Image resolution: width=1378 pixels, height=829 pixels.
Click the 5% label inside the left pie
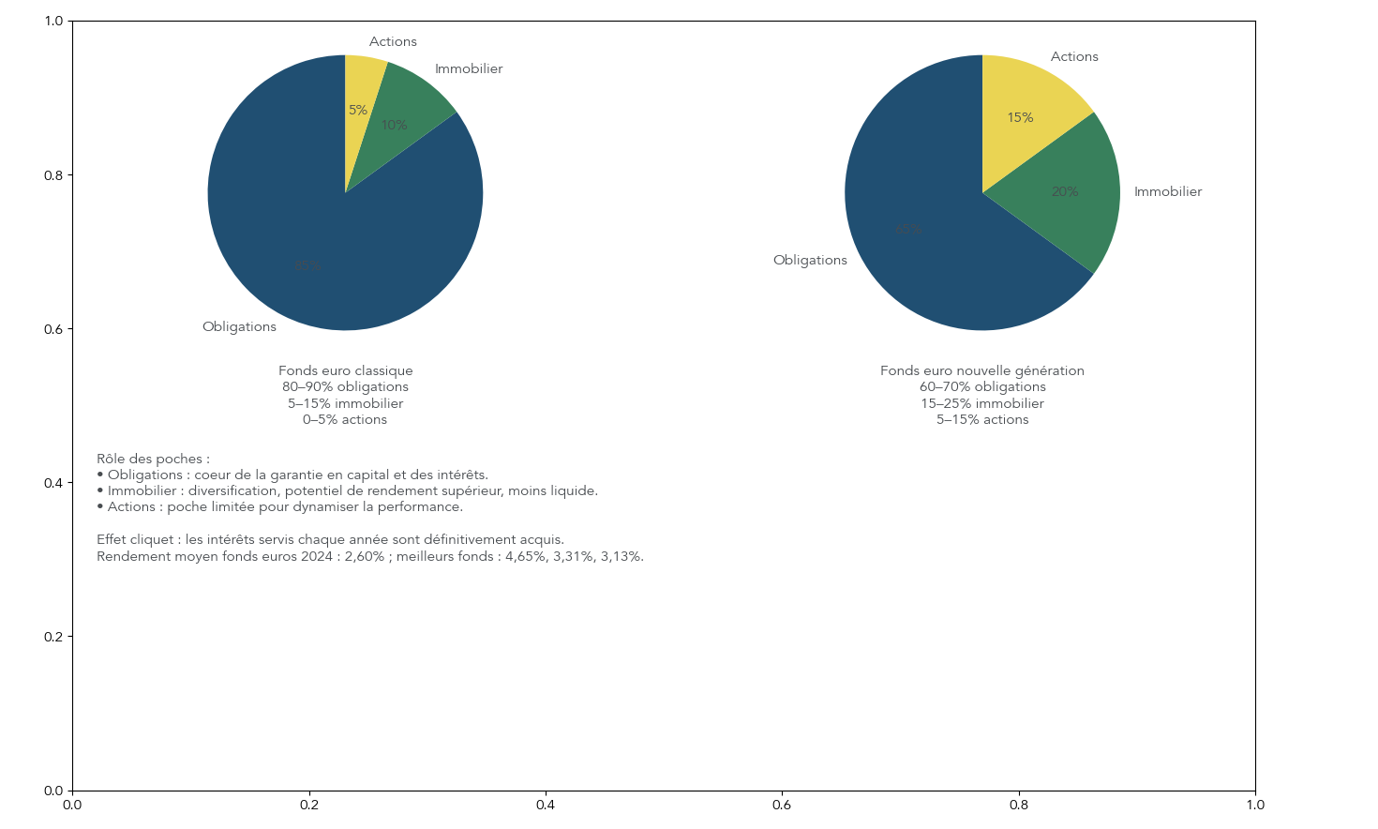[x=358, y=110]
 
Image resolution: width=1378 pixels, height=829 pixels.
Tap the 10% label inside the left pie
[x=394, y=125]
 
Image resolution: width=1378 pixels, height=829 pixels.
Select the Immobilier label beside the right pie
[x=1168, y=191]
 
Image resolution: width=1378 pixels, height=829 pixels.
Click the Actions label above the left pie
[x=393, y=41]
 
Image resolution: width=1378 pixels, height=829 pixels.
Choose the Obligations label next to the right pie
[x=810, y=260]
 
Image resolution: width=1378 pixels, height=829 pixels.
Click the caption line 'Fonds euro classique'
[x=345, y=370]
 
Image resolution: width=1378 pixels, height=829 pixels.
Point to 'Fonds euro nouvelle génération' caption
[x=982, y=370]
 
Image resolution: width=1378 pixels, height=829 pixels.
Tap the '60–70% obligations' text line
[x=982, y=386]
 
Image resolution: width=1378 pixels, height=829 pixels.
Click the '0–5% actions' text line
[x=345, y=419]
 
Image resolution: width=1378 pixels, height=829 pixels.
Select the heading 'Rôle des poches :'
[x=153, y=459]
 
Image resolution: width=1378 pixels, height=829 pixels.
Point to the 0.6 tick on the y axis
[x=54, y=329]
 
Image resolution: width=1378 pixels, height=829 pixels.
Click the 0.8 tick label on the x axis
[x=1019, y=805]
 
